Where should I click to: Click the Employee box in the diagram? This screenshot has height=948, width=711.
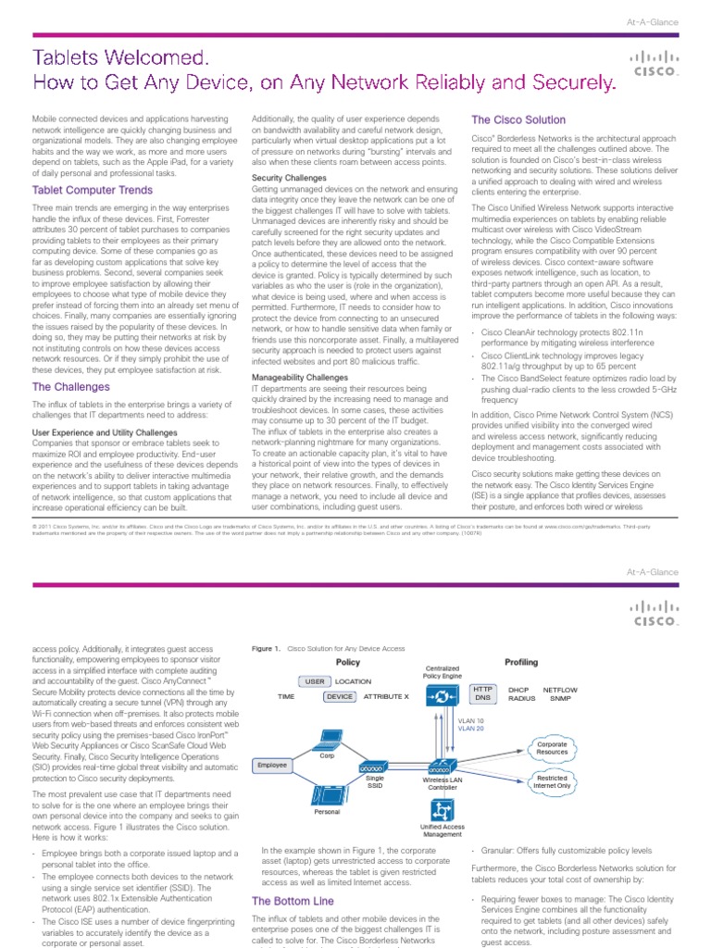click(x=272, y=766)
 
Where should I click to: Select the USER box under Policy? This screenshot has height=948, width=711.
click(x=314, y=681)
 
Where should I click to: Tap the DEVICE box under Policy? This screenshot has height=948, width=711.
click(x=340, y=696)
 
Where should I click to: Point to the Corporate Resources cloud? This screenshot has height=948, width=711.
click(x=552, y=747)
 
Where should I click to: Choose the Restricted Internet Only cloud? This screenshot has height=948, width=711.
click(x=553, y=782)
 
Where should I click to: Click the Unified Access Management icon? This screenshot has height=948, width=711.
click(x=442, y=810)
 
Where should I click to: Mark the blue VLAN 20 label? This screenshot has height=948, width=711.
click(x=470, y=729)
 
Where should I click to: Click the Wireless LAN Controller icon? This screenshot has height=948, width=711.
click(x=442, y=767)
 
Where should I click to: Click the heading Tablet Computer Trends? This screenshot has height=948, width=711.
click(x=93, y=190)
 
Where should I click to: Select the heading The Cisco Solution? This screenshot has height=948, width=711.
click(x=518, y=120)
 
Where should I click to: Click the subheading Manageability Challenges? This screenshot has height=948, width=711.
click(x=300, y=378)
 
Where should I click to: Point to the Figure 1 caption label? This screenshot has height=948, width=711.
click(x=267, y=650)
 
